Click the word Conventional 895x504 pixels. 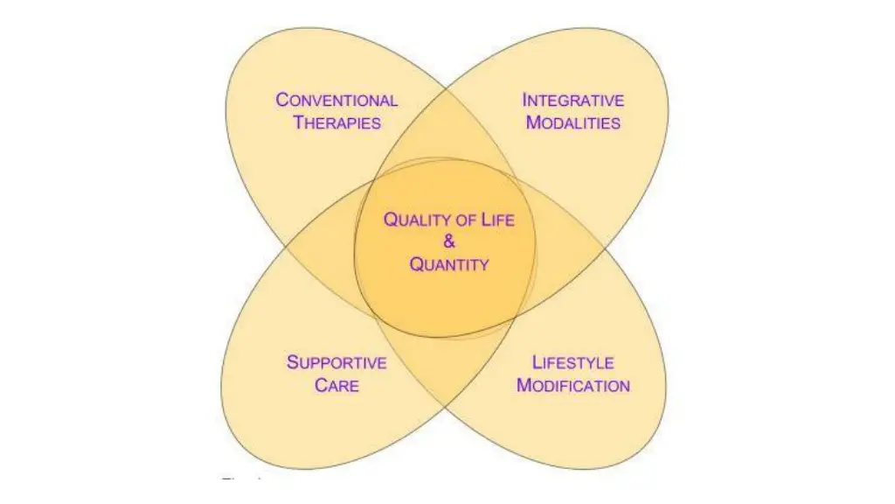coord(336,100)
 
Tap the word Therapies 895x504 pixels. coord(336,122)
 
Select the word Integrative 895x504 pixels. coord(572,100)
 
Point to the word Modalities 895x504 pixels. coord(572,122)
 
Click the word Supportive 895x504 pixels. coord(336,361)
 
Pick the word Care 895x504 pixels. coord(336,384)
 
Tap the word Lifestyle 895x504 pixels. coord(573,362)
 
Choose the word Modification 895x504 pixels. coord(573,385)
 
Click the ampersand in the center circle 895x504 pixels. coord(449,241)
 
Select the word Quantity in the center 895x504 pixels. coord(449,263)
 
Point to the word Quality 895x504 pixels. coord(417,220)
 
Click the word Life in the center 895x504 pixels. coord(496,220)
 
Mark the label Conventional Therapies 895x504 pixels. coord(336,111)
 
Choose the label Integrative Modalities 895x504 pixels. coord(572,111)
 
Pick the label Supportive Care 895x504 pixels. coord(336,373)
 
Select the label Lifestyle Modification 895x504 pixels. coord(573,374)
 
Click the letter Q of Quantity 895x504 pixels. coord(417,263)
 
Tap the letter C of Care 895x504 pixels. coord(321,384)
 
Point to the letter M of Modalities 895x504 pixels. coord(533,122)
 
